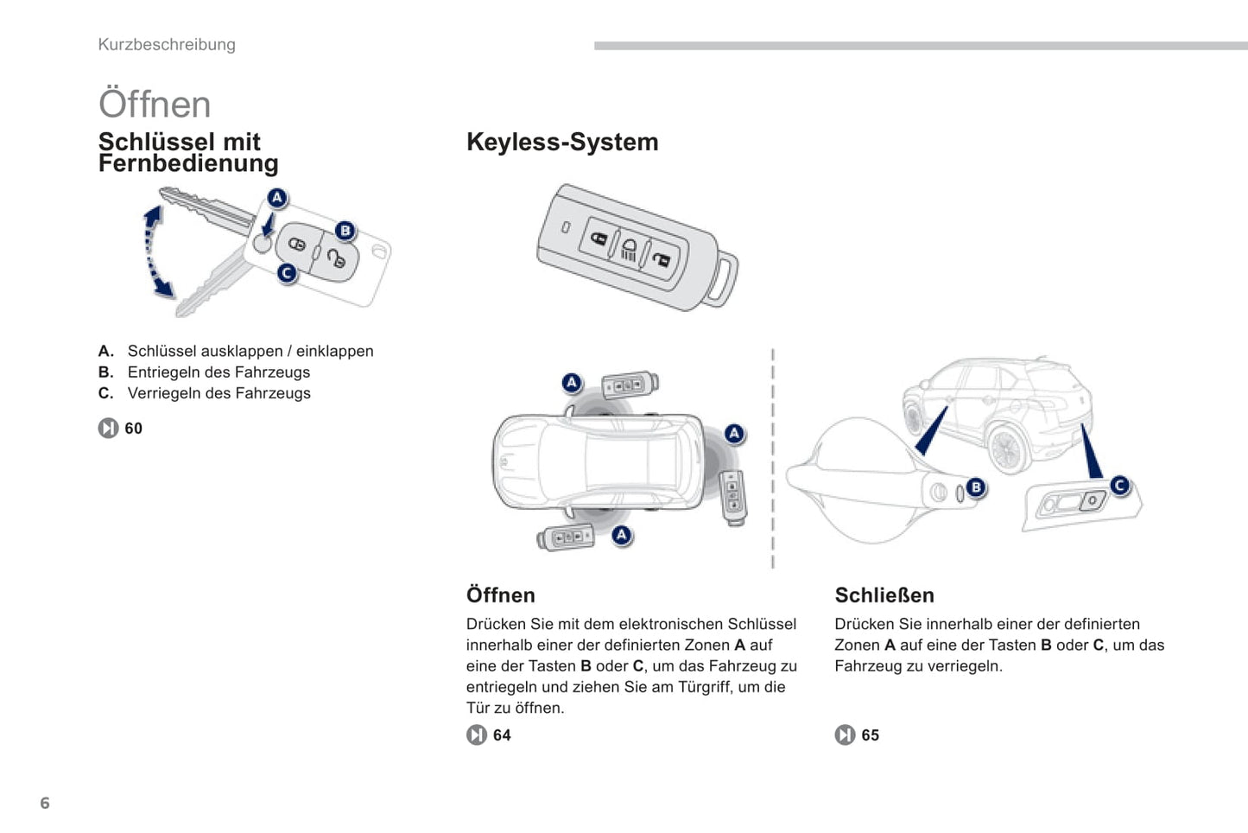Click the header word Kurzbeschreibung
[167, 45]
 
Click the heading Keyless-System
[562, 142]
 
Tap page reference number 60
[133, 429]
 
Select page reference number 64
[502, 735]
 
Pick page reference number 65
[870, 735]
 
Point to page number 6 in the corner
[45, 804]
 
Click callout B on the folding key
[345, 231]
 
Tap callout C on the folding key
[287, 273]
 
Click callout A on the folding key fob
[276, 198]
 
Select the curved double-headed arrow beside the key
[156, 251]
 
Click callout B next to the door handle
[976, 487]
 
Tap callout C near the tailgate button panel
[1120, 486]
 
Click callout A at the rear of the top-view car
[734, 434]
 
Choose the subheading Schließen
[884, 595]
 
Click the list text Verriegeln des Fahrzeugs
[219, 393]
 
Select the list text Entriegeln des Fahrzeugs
[219, 372]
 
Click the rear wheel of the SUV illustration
[1006, 449]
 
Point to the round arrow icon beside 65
[845, 735]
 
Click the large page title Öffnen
[155, 105]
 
